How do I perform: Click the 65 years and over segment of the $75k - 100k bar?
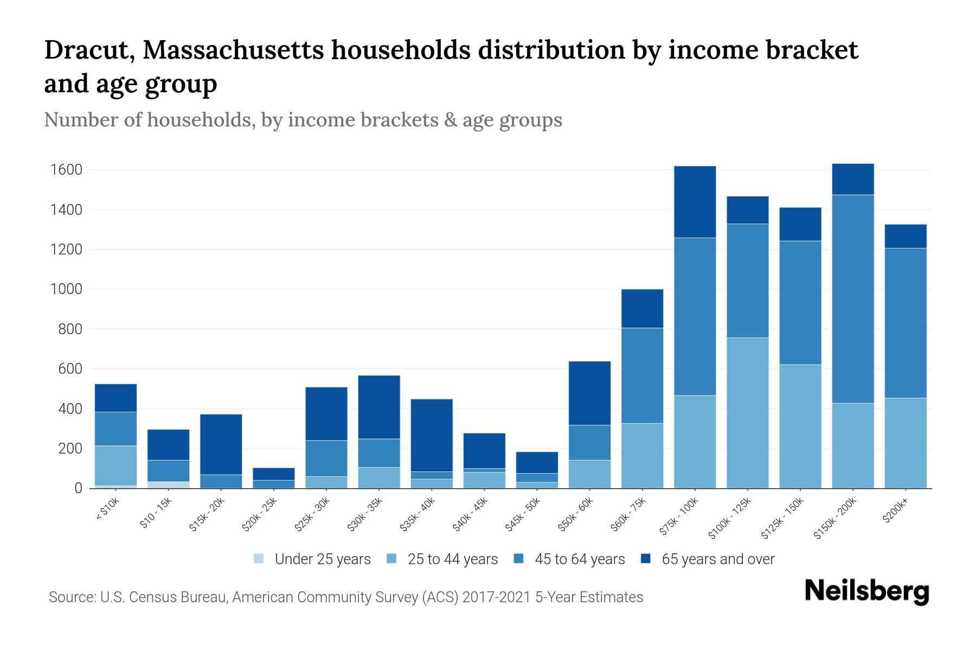[x=695, y=202]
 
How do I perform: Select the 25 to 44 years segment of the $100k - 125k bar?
[x=747, y=413]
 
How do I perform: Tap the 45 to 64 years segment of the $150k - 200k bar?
[x=852, y=299]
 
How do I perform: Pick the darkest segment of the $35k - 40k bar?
[x=432, y=435]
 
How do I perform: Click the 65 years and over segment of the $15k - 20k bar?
[x=221, y=444]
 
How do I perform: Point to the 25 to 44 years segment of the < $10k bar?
[x=115, y=465]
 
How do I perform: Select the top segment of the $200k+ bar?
[x=905, y=236]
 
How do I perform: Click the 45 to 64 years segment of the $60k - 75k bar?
[x=642, y=375]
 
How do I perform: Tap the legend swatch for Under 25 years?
[x=259, y=558]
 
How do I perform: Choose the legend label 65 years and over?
[x=718, y=559]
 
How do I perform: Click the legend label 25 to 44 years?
[x=452, y=559]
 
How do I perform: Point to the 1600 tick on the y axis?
[x=66, y=170]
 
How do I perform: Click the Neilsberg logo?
[x=866, y=591]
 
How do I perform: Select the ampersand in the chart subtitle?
[x=450, y=120]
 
